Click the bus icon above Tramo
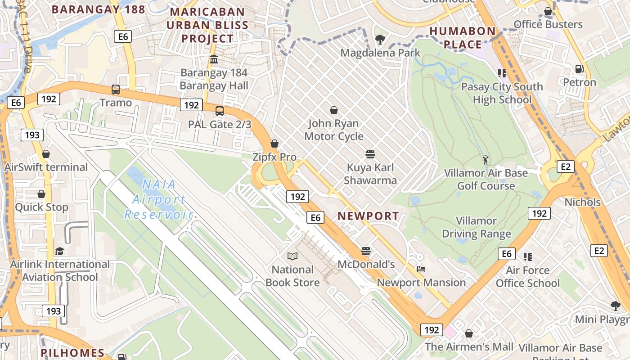click(116, 89)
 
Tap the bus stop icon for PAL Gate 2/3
click(220, 111)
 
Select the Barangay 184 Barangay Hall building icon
click(214, 59)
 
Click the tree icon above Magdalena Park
click(380, 40)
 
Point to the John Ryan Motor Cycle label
click(334, 130)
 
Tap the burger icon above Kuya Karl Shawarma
click(370, 154)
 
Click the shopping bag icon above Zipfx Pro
click(274, 144)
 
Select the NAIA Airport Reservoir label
click(158, 199)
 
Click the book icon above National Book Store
click(292, 256)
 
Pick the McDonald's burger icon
click(366, 251)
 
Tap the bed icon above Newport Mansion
click(421, 269)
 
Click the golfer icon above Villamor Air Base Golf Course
click(486, 160)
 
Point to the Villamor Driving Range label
click(477, 227)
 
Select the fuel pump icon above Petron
click(580, 69)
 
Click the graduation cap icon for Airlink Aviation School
click(59, 251)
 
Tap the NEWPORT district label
click(368, 216)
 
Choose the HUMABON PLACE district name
click(463, 38)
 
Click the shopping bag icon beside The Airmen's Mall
click(469, 333)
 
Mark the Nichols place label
click(583, 202)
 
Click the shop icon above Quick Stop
click(41, 194)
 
